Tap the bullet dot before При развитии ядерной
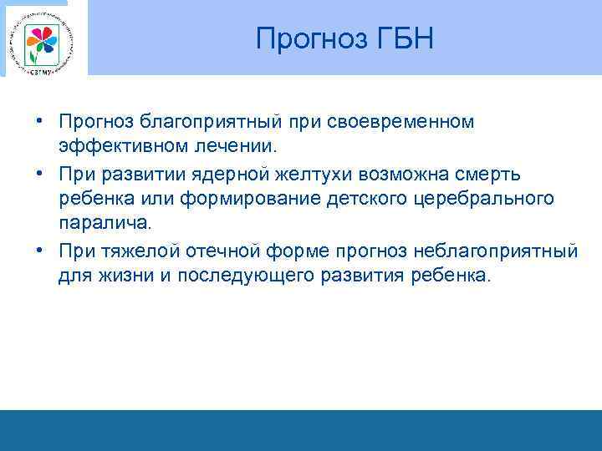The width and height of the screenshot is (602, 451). (x=40, y=174)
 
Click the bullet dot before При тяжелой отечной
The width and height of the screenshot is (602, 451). (x=40, y=250)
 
